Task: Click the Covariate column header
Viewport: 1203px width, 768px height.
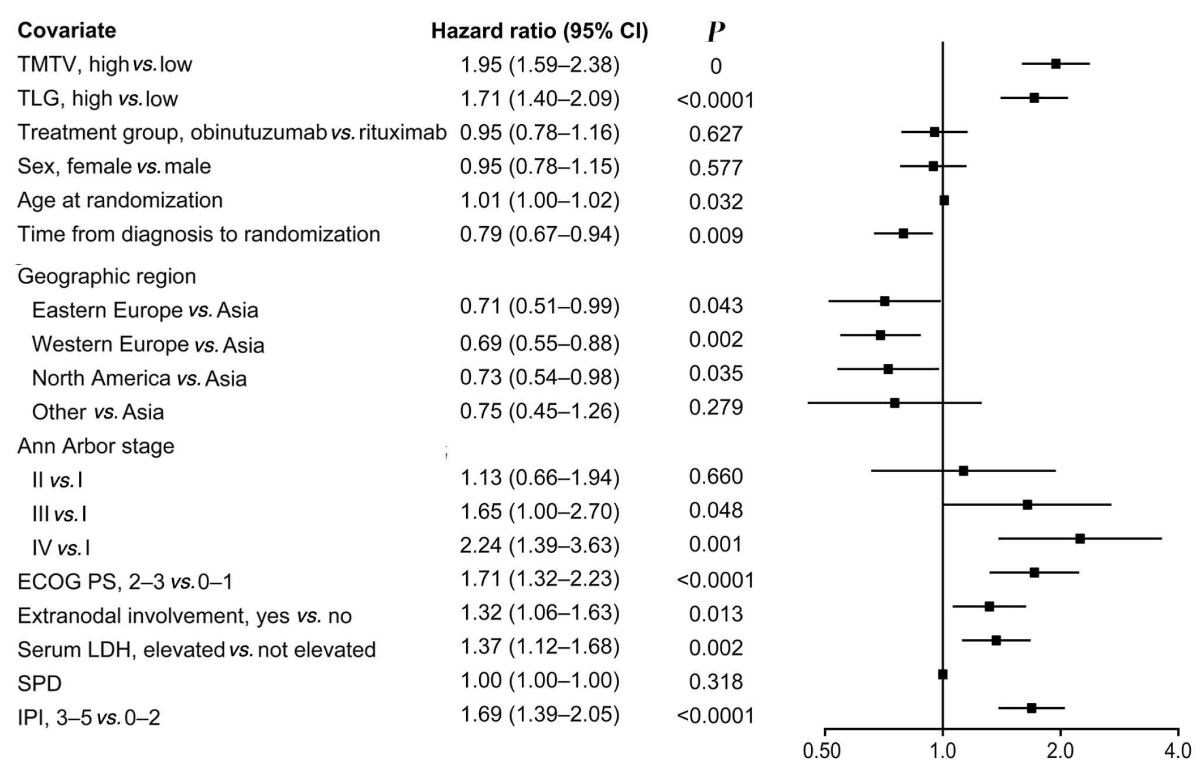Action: [67, 30]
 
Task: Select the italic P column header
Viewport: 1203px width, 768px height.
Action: [715, 32]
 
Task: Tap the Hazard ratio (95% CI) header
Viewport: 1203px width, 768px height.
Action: [539, 31]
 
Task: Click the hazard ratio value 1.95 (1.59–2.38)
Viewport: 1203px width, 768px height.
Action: [539, 65]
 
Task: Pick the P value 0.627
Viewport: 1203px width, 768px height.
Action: [715, 134]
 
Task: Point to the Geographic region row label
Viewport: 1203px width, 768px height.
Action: [107, 276]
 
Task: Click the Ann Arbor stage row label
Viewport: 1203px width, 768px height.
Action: [95, 446]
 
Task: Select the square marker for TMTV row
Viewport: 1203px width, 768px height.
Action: [1055, 64]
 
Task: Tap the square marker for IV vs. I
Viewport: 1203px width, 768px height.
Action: [1080, 538]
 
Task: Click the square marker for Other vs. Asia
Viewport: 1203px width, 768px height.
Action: [894, 403]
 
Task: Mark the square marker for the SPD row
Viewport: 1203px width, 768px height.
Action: [942, 674]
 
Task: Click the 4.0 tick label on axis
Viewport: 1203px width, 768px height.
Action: [1177, 751]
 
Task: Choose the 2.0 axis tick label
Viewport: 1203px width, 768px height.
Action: [1060, 751]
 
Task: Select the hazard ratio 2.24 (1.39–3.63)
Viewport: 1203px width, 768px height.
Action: [539, 545]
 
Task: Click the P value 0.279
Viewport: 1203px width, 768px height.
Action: [715, 407]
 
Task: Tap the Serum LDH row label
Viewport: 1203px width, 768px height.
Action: [196, 650]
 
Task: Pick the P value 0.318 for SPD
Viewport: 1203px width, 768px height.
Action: [715, 682]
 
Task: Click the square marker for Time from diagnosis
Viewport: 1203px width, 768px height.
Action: [903, 233]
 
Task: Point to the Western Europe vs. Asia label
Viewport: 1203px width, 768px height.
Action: [148, 344]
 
